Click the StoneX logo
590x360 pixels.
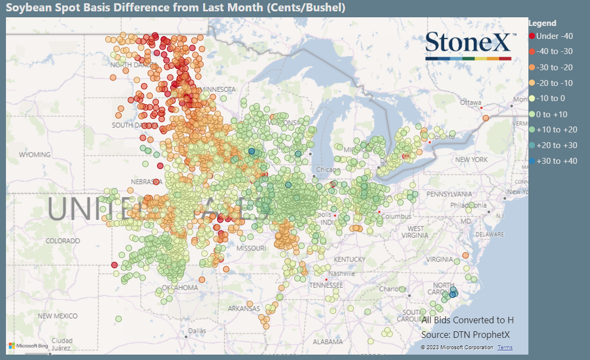468,45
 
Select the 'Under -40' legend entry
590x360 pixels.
551,36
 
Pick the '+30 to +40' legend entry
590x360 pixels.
553,161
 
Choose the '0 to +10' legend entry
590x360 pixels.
551,114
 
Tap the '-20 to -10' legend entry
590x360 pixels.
553,83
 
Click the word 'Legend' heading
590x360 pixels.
542,23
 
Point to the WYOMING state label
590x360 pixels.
35,155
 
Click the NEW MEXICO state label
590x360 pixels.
58,316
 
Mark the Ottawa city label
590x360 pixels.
470,102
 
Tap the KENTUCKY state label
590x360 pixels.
350,259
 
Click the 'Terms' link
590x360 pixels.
505,348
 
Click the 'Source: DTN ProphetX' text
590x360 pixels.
465,335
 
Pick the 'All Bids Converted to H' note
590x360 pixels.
467,320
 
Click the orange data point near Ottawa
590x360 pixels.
486,118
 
